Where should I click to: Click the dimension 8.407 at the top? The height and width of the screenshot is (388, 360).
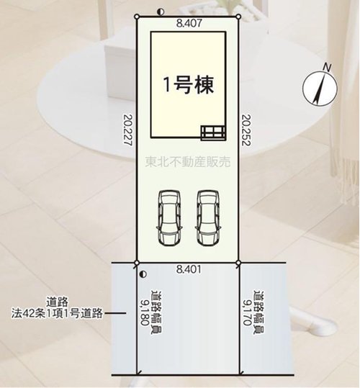189,23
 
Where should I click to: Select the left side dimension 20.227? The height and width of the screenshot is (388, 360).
128,129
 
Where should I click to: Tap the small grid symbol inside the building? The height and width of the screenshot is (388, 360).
212,131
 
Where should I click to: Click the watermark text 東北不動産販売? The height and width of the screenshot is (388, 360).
187,163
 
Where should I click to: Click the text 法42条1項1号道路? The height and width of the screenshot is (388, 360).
58,313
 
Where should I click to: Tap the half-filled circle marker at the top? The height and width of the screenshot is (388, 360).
158,11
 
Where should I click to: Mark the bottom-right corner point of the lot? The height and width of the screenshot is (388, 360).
239,262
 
